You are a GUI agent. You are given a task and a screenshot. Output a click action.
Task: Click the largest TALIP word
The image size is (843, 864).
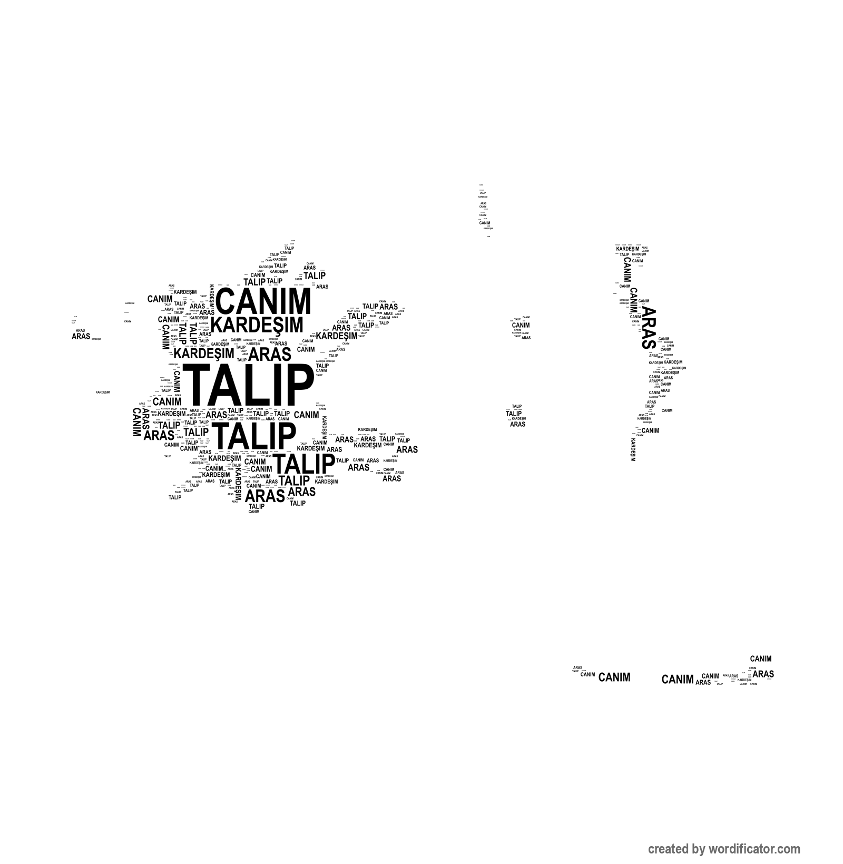[247, 384]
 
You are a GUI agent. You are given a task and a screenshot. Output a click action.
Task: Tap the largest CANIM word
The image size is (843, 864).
[263, 302]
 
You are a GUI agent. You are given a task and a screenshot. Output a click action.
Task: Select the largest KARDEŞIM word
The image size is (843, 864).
[257, 325]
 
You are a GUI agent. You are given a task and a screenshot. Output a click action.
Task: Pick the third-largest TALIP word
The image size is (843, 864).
[304, 464]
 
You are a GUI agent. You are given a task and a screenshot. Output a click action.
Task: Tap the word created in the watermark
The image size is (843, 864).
[667, 849]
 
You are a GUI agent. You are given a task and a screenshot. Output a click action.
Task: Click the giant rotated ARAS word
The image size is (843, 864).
[648, 328]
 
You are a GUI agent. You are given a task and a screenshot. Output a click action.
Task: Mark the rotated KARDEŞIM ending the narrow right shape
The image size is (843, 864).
[633, 449]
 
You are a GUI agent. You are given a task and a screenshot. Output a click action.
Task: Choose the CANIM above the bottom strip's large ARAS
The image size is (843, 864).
[760, 659]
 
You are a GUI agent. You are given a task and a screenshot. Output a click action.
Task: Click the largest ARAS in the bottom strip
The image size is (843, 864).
[763, 674]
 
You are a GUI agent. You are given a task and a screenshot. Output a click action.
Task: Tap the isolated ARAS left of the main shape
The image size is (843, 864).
[81, 336]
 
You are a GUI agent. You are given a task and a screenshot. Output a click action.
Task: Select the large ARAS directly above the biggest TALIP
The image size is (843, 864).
[269, 353]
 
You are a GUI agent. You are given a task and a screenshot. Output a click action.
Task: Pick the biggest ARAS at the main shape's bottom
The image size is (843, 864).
[264, 496]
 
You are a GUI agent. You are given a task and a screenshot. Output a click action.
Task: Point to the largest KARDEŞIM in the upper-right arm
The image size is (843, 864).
[336, 336]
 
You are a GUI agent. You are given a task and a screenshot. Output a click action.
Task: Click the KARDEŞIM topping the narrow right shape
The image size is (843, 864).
[628, 249]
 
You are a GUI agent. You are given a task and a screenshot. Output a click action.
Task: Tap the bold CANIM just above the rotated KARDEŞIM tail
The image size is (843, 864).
[650, 430]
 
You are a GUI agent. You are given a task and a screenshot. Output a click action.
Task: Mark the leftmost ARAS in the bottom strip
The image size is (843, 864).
[577, 667]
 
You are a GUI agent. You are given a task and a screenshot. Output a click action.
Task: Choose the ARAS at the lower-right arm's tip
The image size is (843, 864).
[407, 449]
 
